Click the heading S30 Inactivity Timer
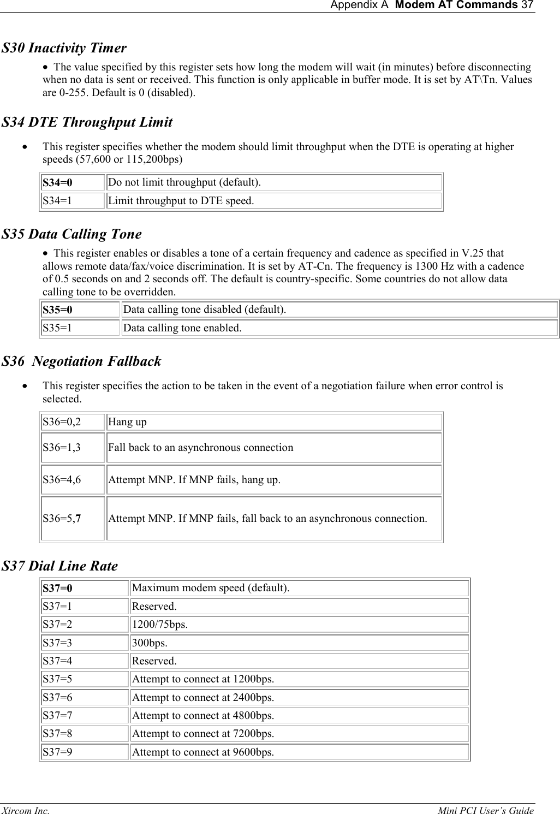point(64,48)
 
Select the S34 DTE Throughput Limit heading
point(87,122)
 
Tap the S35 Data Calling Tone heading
point(72,234)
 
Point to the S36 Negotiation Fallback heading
point(82,361)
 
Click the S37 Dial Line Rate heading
point(60,566)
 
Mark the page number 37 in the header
point(527,5)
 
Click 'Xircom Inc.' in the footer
point(25,811)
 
